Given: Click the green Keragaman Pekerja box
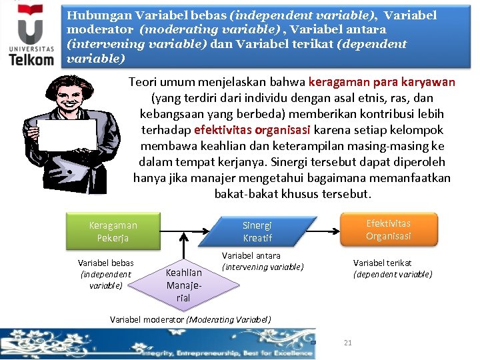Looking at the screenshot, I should (113, 231).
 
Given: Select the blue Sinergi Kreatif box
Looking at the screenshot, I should (257, 231).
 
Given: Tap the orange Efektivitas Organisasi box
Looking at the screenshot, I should (388, 229).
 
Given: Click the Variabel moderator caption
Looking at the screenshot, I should (190, 319).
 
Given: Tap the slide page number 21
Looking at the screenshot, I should (347, 343).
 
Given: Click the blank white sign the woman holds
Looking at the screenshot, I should (67, 135).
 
